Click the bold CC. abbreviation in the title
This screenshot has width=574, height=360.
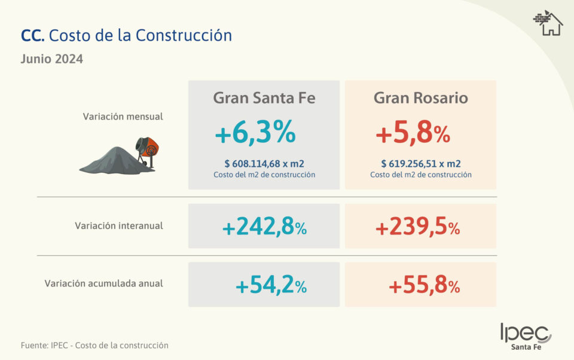click(32, 36)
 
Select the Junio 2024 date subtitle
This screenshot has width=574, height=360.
click(51, 59)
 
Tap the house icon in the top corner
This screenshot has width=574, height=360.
click(548, 23)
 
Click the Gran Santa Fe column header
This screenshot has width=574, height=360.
click(264, 98)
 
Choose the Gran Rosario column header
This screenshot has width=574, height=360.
click(420, 98)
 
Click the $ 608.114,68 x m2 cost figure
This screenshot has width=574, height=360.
click(264, 163)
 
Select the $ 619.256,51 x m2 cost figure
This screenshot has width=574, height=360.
click(420, 163)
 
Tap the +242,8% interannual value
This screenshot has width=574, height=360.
click(264, 227)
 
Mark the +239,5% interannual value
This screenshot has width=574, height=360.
click(417, 227)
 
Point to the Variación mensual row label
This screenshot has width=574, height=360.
click(123, 117)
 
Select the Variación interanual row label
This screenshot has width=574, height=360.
click(118, 226)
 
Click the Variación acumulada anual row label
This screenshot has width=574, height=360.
click(103, 283)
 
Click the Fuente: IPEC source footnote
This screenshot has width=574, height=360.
click(94, 346)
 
